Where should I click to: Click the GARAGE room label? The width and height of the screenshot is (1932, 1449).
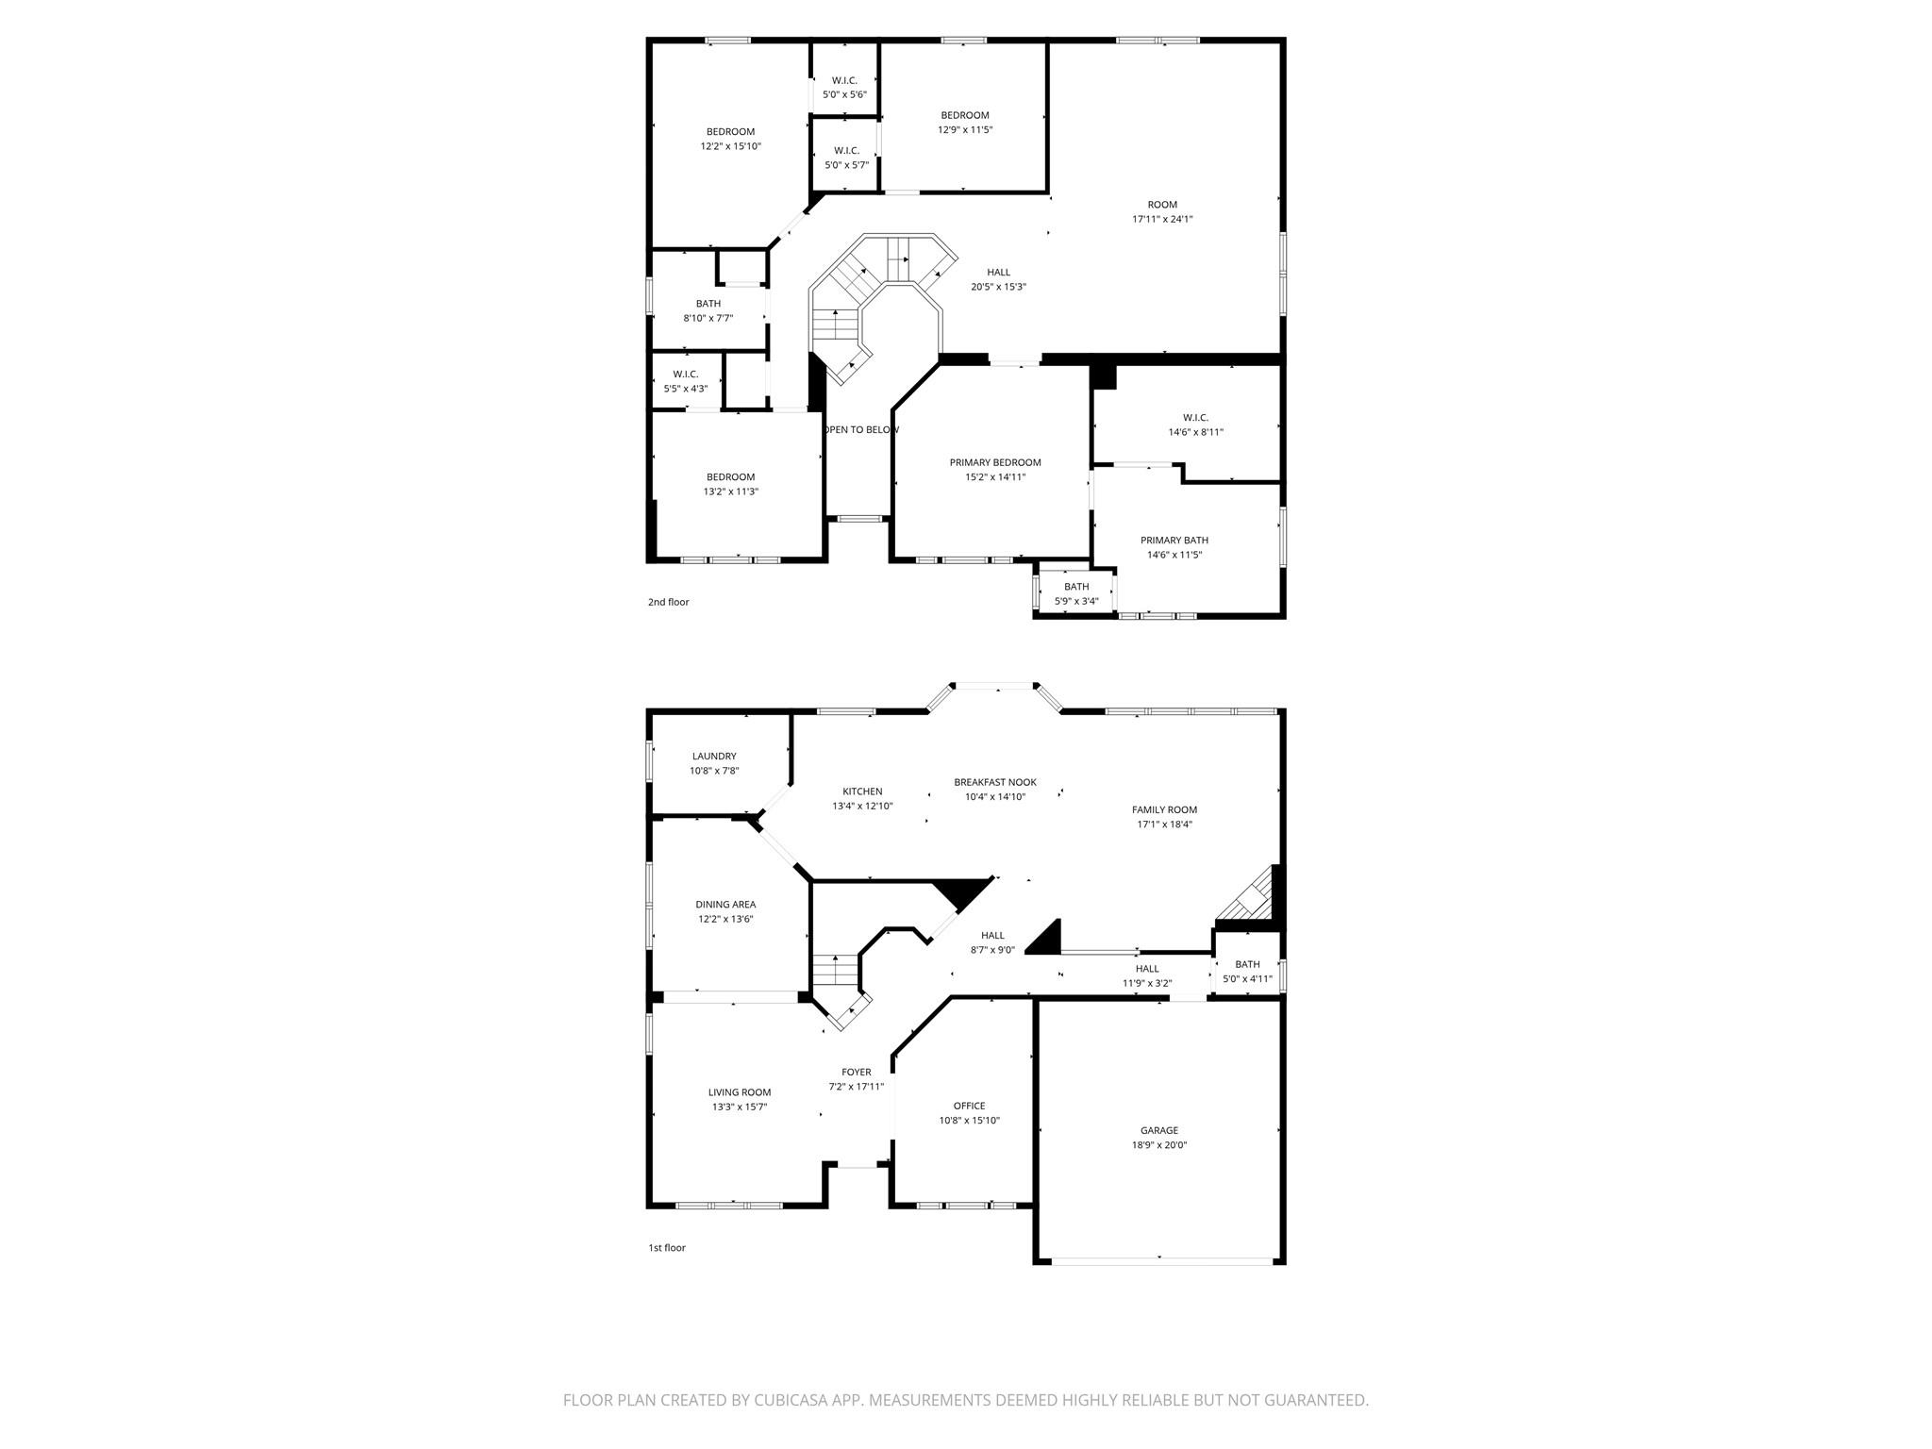[x=1158, y=1130]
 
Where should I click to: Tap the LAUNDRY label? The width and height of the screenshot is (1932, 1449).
[x=714, y=756]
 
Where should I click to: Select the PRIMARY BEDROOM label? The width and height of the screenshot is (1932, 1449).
[x=995, y=462]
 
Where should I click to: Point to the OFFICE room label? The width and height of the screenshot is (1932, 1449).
[x=969, y=1106]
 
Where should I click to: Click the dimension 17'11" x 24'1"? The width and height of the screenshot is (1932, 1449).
[x=1162, y=219]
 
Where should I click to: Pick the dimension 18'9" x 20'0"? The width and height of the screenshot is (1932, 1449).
[x=1158, y=1145]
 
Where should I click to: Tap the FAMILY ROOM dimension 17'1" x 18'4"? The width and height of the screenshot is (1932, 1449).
[x=1164, y=824]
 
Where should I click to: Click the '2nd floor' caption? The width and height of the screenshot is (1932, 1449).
[x=668, y=602]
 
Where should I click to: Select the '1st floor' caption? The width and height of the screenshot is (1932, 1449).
[x=666, y=1248]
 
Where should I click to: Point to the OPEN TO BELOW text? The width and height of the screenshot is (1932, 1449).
[x=861, y=430]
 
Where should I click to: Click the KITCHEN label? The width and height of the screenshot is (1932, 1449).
[x=862, y=791]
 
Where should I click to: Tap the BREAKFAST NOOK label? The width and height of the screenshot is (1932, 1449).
[x=995, y=782]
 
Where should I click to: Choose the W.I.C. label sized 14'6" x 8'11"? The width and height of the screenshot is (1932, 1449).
[x=1195, y=418]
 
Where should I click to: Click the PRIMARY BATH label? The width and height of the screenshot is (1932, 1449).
[x=1174, y=541]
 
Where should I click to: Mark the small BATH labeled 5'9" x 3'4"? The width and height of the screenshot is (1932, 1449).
[x=1076, y=587]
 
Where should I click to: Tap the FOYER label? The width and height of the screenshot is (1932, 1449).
[x=857, y=1072]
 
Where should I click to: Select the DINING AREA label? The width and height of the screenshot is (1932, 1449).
[x=725, y=905]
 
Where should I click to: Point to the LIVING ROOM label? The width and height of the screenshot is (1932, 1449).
[x=740, y=1092]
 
